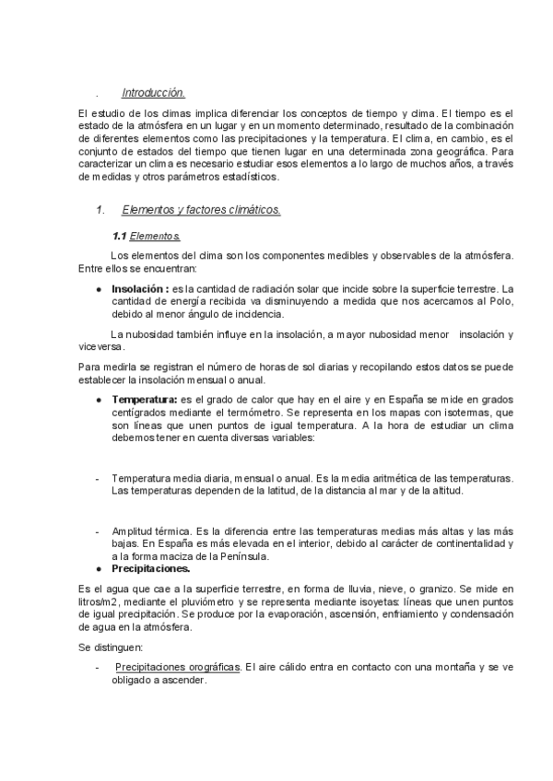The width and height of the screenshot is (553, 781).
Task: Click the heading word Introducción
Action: pos(153,92)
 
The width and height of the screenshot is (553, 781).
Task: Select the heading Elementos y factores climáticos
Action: pos(201,210)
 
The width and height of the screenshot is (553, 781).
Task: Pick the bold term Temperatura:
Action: pos(145,400)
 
